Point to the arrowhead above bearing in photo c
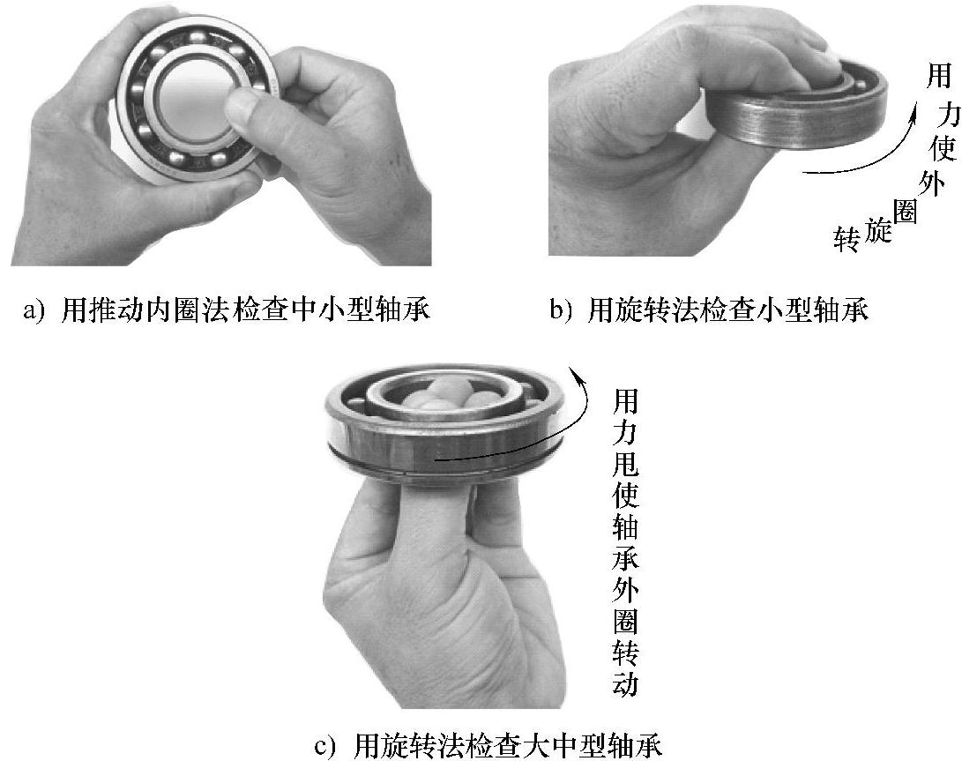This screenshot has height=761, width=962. pos(576,373)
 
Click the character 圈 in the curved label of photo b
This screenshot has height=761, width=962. pos(905,213)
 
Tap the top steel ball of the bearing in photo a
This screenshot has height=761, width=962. pos(198,37)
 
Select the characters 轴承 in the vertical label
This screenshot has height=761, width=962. pos(625,542)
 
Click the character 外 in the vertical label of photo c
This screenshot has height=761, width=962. pos(625,590)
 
